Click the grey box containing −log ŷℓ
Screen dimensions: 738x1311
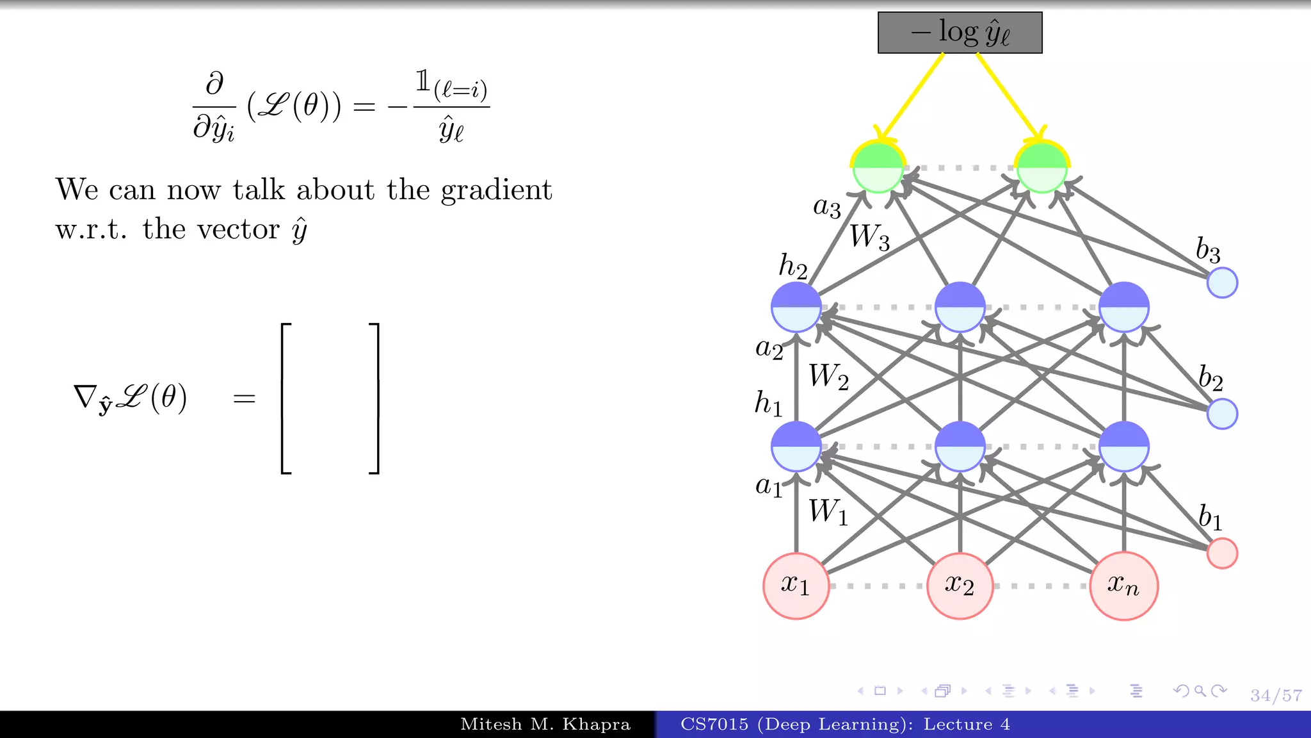tap(960, 33)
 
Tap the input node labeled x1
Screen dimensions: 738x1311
tap(796, 586)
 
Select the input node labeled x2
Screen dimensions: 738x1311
tap(960, 586)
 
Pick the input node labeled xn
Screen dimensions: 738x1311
tap(1123, 586)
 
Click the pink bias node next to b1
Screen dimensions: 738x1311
tap(1221, 553)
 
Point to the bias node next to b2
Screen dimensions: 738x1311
tap(1221, 413)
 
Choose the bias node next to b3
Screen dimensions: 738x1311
tap(1221, 283)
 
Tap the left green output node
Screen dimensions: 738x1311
tap(878, 168)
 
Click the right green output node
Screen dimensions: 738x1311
tap(1042, 168)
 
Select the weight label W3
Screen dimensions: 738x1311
tap(869, 237)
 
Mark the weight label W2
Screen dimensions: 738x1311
tap(828, 377)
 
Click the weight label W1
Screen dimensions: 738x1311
tap(828, 512)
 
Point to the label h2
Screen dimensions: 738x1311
tap(792, 265)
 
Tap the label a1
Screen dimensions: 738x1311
tap(769, 486)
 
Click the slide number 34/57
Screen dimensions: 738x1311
tap(1276, 695)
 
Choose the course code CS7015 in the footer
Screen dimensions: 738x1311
tap(714, 725)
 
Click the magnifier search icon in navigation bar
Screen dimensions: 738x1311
tap(1200, 691)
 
